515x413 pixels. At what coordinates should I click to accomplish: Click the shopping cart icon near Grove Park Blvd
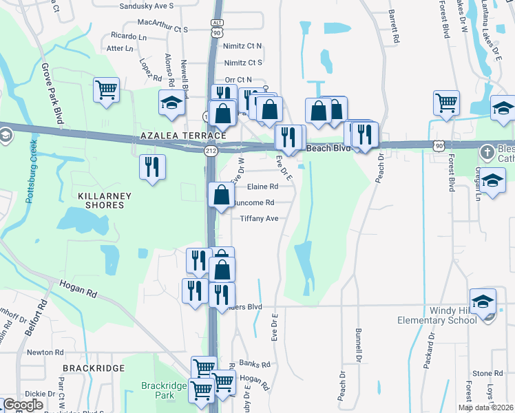[x=106, y=89]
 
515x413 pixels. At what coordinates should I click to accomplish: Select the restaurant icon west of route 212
[x=151, y=167]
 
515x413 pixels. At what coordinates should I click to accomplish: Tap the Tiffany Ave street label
[x=259, y=218]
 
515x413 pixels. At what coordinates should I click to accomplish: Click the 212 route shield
[x=211, y=151]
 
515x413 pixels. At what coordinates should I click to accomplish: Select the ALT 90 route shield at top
[x=218, y=28]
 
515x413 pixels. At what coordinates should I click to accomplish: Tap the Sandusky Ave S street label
[x=147, y=6]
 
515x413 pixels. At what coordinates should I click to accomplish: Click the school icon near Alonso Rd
[x=171, y=103]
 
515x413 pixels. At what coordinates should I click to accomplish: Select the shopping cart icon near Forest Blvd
[x=446, y=103]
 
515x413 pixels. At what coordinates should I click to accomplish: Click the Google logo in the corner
[x=23, y=404]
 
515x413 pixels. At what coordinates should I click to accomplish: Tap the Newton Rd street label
[x=45, y=352]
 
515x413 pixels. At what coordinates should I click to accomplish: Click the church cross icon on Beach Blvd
[x=486, y=151]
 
